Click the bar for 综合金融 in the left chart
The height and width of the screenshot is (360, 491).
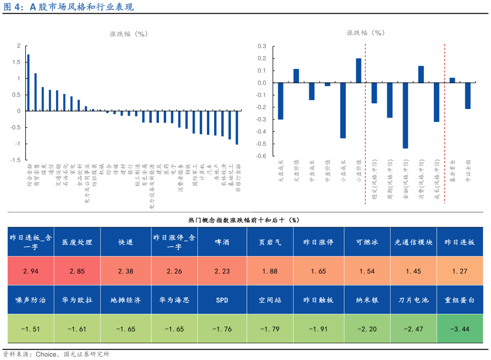[x=28, y=83]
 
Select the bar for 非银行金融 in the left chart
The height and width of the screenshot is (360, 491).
[x=237, y=127]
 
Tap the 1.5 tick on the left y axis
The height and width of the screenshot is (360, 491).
[x=19, y=62]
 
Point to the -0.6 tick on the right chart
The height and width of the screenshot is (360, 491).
[x=261, y=156]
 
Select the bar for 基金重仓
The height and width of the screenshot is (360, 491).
[x=452, y=80]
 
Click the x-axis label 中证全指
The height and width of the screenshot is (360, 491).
[x=468, y=171]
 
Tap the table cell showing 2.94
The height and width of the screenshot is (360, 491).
[x=30, y=271]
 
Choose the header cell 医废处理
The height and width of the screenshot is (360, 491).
[x=77, y=242]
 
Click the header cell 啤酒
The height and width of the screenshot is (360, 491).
[x=222, y=242]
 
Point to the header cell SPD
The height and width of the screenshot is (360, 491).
[x=222, y=300]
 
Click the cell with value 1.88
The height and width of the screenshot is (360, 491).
[x=269, y=271]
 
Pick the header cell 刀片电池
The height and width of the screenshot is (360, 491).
[x=413, y=300]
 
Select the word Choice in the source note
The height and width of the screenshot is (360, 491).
[x=45, y=354]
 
